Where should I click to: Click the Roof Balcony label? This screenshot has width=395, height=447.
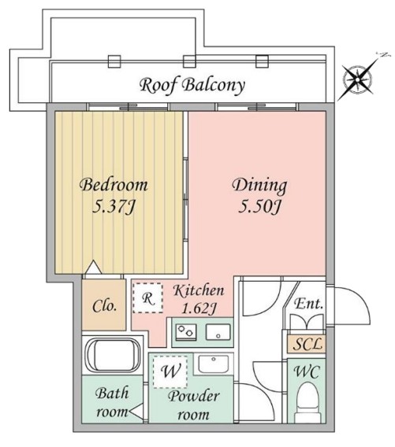tap(192, 84)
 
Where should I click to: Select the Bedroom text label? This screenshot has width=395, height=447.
tap(114, 186)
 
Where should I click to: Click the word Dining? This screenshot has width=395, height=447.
tap(259, 187)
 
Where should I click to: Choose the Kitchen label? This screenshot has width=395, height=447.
tap(198, 290)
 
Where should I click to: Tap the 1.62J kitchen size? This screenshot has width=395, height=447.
tap(198, 308)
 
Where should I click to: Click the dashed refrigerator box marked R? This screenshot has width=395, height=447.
tap(148, 297)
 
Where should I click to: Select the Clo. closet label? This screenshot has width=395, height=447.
tap(104, 304)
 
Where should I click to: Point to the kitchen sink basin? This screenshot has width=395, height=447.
tap(218, 331)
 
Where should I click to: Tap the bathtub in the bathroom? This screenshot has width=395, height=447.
tap(113, 356)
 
